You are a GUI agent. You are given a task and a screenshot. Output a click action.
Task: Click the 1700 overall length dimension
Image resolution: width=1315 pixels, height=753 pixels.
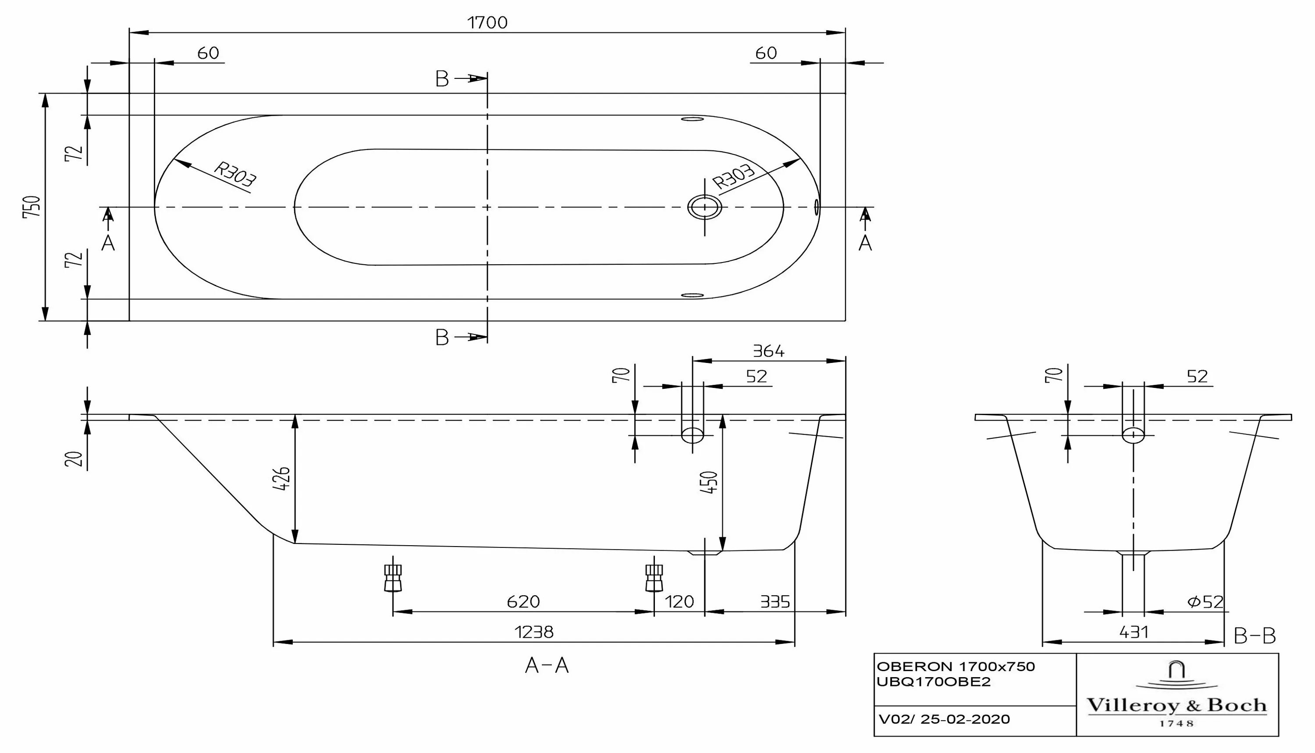tap(487, 23)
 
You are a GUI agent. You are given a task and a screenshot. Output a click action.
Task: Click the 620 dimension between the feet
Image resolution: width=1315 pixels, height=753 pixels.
tap(523, 601)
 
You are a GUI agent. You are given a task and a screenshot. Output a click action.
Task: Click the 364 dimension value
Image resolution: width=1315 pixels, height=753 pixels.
tap(768, 352)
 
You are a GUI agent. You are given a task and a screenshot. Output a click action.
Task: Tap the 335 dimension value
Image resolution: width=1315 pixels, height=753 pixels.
tap(775, 601)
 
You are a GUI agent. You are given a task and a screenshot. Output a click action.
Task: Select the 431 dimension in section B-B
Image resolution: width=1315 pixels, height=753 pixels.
tap(1134, 632)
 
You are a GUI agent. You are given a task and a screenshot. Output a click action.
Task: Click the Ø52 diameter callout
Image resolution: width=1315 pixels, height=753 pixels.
tap(1206, 601)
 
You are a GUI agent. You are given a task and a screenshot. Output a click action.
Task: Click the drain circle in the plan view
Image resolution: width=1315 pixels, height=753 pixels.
tap(704, 207)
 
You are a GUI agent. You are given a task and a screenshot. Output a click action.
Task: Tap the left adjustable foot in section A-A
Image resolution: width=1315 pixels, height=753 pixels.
tap(393, 577)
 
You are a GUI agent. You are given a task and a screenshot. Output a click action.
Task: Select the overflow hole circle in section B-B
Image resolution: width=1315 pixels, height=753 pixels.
tap(1133, 434)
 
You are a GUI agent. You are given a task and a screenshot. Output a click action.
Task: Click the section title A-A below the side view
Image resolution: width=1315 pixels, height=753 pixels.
tap(547, 666)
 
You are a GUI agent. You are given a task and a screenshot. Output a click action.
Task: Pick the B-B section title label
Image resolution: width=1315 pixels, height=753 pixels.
tap(1255, 636)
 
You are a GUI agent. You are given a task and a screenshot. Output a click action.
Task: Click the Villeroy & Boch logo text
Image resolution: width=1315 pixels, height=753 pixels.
tap(1176, 705)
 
